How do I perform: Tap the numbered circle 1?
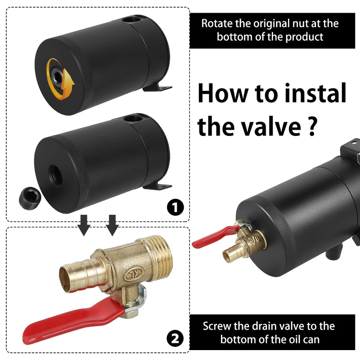pyautogui.click(x=175, y=207)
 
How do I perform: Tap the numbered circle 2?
pyautogui.click(x=175, y=338)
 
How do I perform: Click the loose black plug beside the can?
pyautogui.click(x=30, y=198)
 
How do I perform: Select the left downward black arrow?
pyautogui.click(x=84, y=225)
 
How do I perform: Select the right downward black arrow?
pyautogui.click(x=112, y=225)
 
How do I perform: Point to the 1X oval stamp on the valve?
pyautogui.click(x=134, y=274)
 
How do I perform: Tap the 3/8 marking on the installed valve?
pyautogui.click(x=254, y=239)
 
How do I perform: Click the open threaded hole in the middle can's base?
pyautogui.click(x=55, y=175)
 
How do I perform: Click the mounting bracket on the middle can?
pyautogui.click(x=158, y=185)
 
